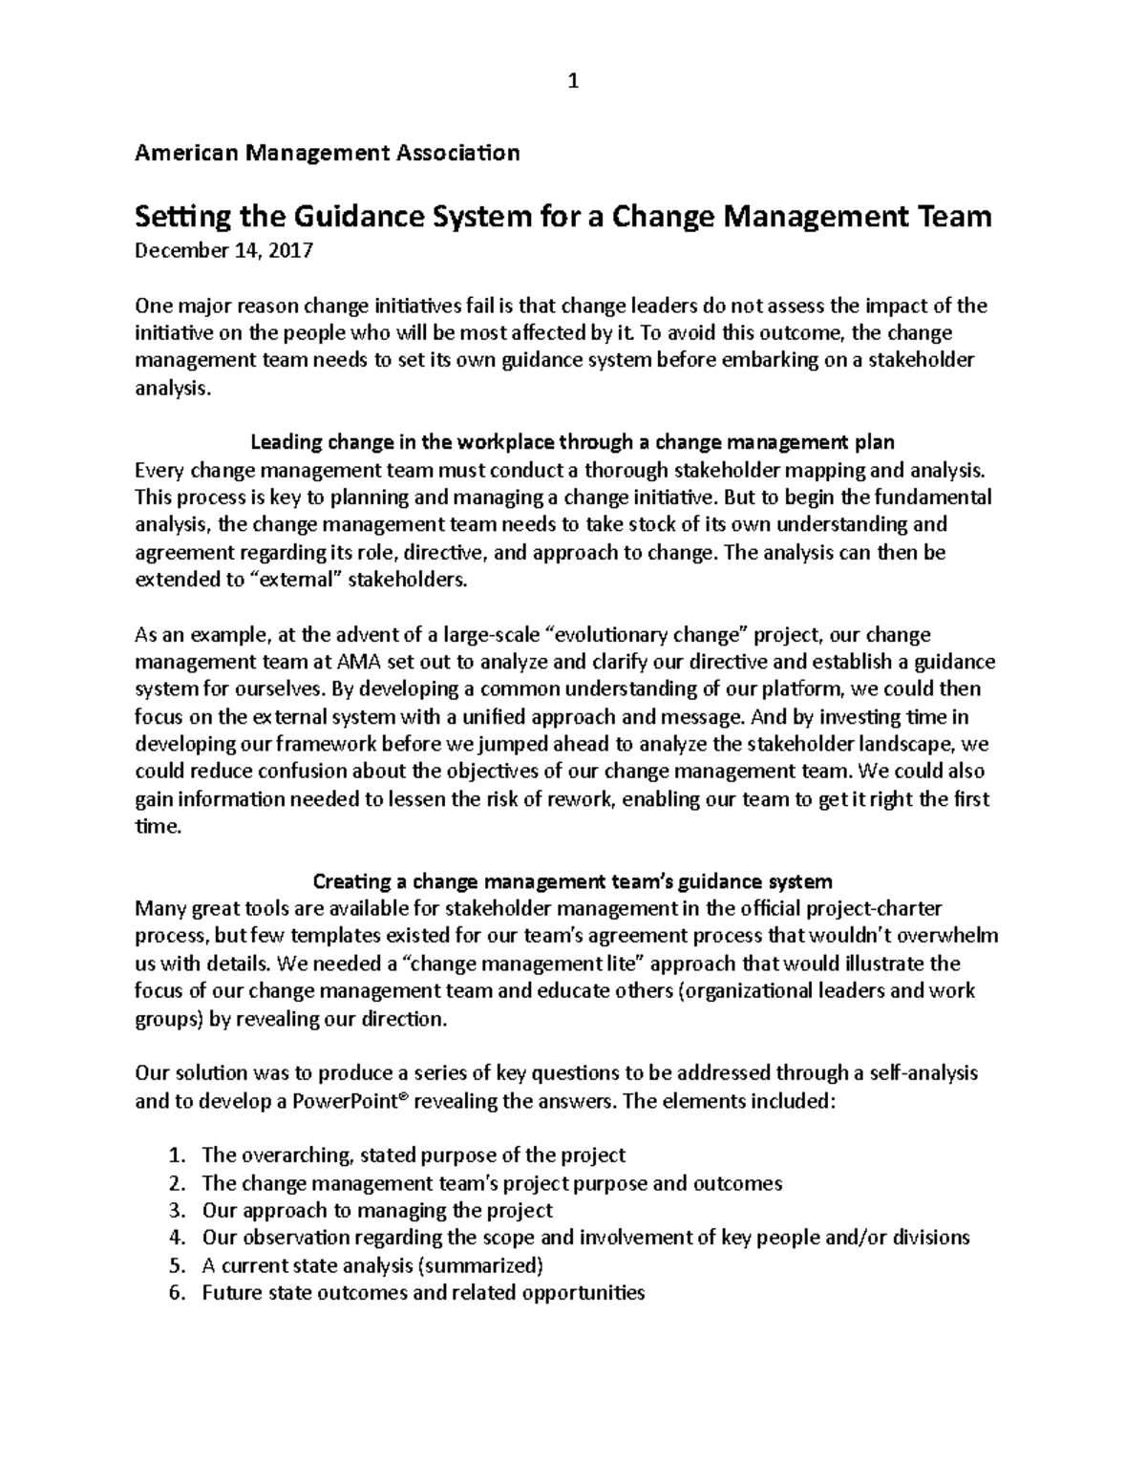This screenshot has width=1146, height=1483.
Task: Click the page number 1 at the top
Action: coord(572,82)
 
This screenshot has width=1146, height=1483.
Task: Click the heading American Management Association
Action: coord(328,153)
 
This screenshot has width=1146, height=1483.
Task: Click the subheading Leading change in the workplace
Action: coord(572,442)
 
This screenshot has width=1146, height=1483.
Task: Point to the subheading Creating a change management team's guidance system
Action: coord(572,880)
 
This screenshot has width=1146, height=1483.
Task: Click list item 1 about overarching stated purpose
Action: coord(414,1155)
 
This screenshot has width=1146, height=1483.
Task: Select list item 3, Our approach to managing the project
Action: coord(377,1211)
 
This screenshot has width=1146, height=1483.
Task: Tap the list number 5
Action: coord(174,1266)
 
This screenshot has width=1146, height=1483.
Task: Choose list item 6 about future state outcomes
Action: coord(423,1294)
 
